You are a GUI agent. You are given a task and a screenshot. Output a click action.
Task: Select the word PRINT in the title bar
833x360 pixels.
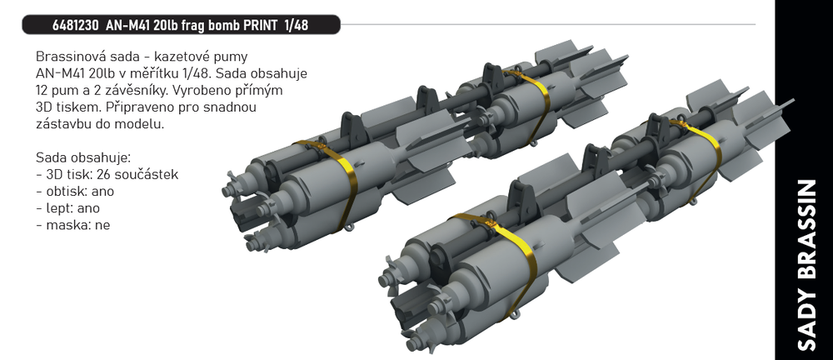(x=262, y=25)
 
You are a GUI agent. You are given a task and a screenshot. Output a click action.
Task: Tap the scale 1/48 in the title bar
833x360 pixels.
(x=297, y=25)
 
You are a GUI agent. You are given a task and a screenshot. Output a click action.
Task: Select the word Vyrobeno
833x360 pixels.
(x=195, y=90)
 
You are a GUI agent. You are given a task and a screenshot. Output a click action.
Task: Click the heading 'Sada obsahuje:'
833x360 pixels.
(x=83, y=158)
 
